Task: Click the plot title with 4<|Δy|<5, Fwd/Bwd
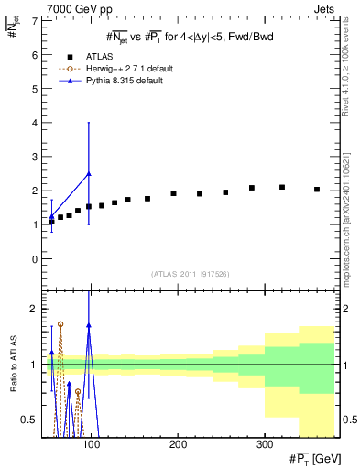coord(189,37)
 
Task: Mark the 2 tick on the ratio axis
coord(35,309)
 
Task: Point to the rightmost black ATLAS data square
coord(317,190)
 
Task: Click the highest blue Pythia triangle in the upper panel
coord(89,173)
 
